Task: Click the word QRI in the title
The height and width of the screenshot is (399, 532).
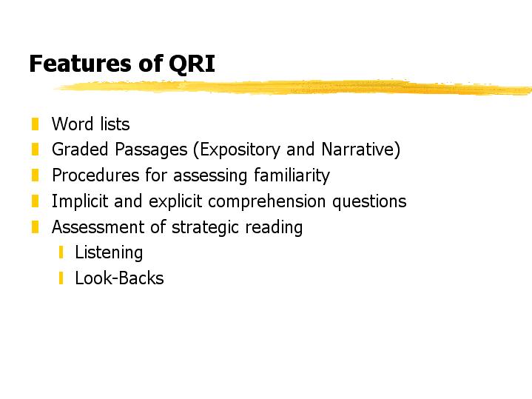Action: point(192,64)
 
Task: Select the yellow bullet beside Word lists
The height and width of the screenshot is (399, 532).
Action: point(35,124)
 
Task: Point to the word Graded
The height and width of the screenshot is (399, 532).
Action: point(80,150)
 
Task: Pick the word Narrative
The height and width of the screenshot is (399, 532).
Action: point(358,150)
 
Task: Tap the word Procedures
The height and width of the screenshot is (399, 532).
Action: point(95,175)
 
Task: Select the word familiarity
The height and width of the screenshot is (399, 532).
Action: point(292,176)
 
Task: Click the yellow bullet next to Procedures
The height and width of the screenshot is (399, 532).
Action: point(35,175)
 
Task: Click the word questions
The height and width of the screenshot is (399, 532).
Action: point(369,202)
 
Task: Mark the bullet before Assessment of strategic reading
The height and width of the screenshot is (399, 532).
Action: point(35,227)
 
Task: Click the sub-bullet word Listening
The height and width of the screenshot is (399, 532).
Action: point(109,253)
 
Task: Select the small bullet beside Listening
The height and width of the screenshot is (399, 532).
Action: point(61,252)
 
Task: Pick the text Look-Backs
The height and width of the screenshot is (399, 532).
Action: point(119,278)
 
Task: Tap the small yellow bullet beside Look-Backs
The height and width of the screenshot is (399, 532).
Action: point(61,278)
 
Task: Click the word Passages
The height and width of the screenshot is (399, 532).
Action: point(151,150)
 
